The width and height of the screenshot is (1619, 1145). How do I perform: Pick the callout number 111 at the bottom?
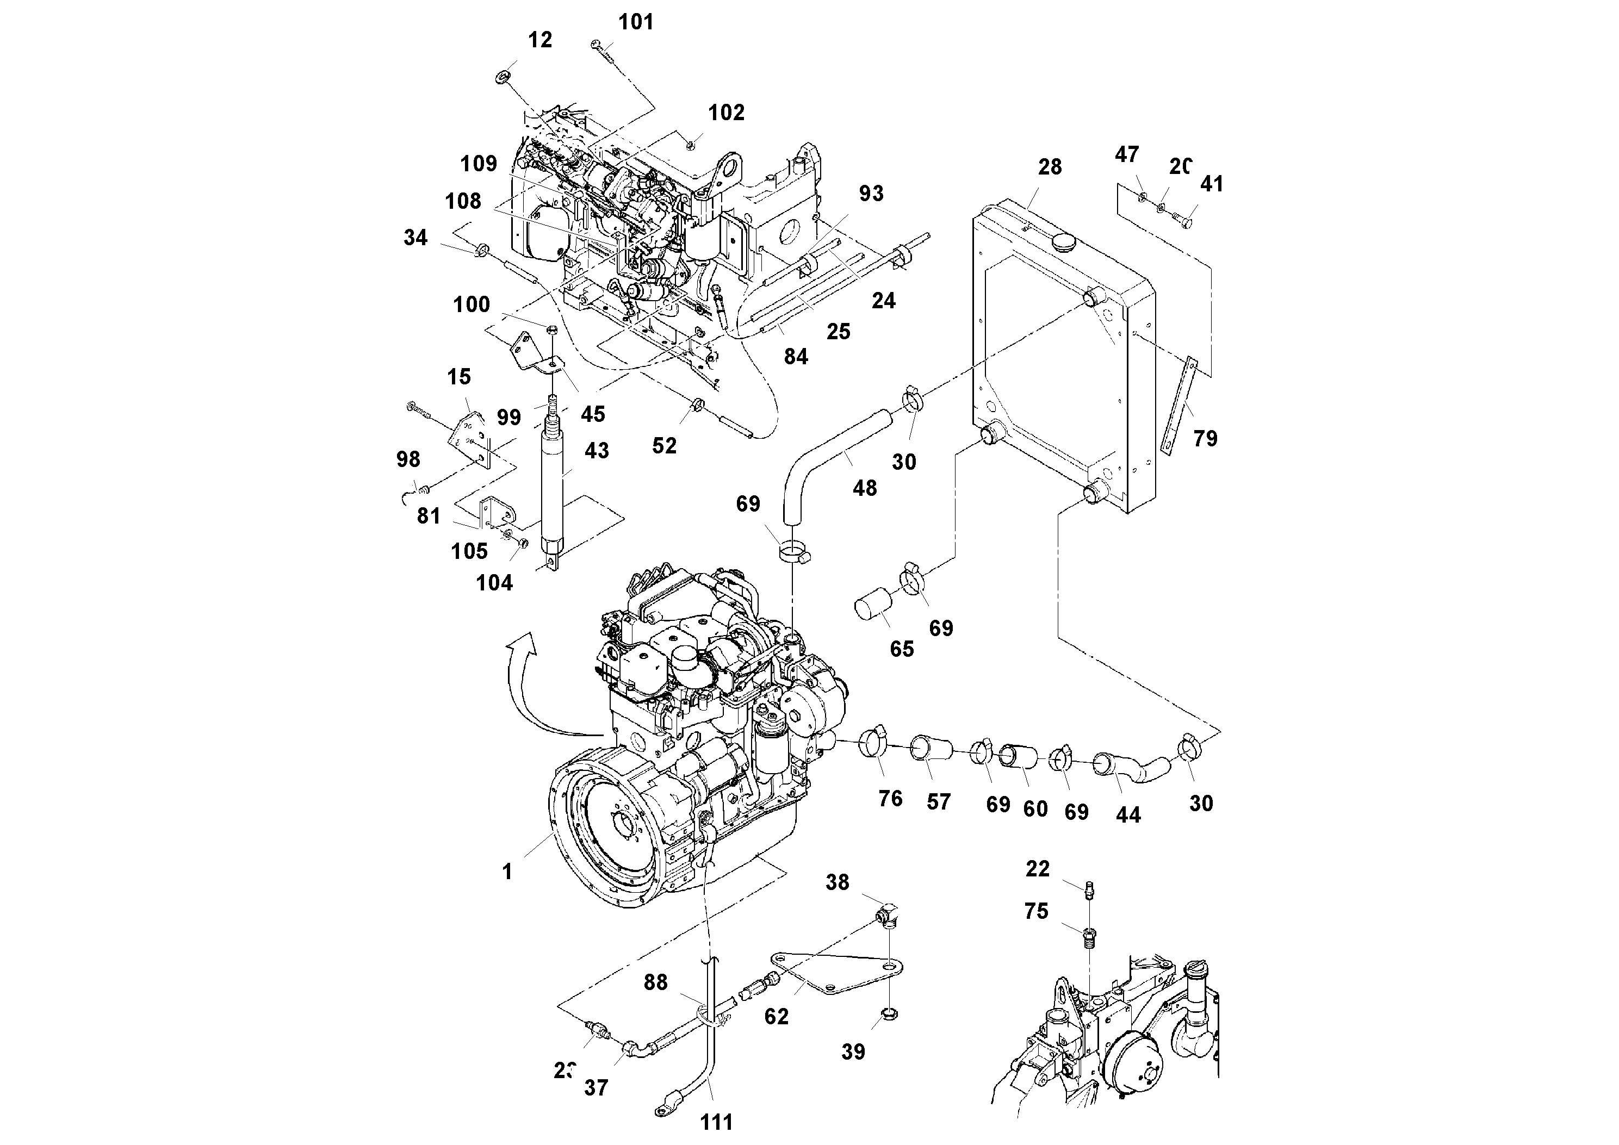click(x=716, y=1122)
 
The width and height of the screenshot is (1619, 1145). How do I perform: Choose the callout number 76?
click(x=890, y=798)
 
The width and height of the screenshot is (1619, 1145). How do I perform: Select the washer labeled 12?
click(x=504, y=76)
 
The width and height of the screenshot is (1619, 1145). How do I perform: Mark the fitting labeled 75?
click(x=1090, y=938)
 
